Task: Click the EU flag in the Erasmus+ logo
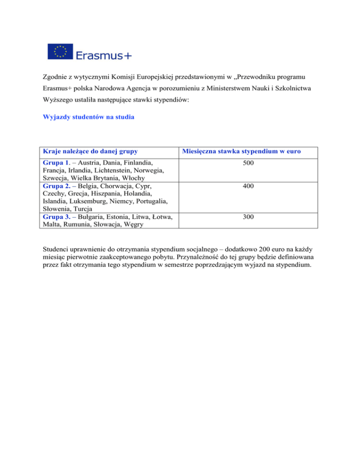60,51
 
